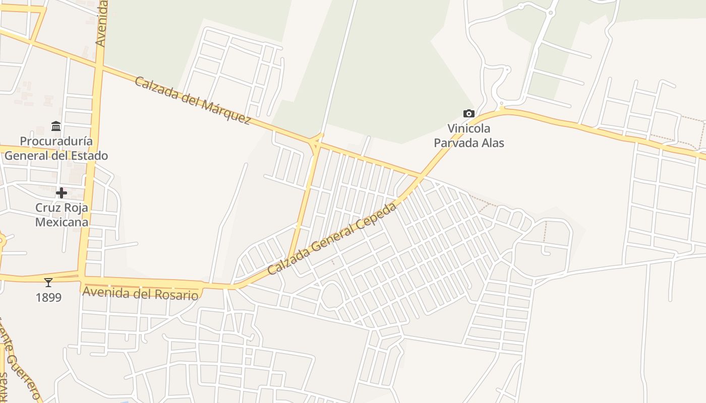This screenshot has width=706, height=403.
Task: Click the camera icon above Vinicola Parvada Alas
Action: [469, 114]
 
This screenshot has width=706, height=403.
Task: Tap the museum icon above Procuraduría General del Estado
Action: [56, 125]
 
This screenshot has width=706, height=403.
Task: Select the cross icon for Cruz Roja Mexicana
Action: [62, 193]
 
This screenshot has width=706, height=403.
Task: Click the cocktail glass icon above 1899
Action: [48, 283]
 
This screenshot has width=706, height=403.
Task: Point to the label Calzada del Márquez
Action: [193, 101]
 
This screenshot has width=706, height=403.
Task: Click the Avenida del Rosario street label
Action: [140, 293]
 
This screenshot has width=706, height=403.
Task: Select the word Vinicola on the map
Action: [469, 129]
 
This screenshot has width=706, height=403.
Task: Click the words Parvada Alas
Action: [469, 143]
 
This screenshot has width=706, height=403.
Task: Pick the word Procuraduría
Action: [56, 141]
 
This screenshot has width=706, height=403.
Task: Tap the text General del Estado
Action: [56, 156]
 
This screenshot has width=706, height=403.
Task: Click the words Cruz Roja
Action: [62, 208]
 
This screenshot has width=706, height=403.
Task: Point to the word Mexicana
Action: [62, 222]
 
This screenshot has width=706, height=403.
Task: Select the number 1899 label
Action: [48, 298]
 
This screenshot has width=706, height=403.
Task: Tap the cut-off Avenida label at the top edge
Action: [101, 24]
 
